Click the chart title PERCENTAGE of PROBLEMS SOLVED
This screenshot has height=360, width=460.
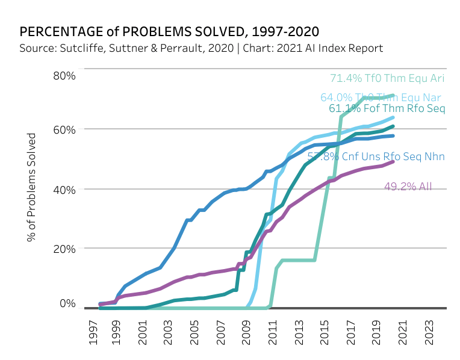pyautogui.click(x=169, y=31)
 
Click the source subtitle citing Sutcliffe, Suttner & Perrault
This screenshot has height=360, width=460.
pyautogui.click(x=201, y=48)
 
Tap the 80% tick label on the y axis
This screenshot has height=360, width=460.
pyautogui.click(x=63, y=76)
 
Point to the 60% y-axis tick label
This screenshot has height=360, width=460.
pyautogui.click(x=63, y=129)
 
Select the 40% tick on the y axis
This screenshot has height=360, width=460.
pyautogui.click(x=63, y=189)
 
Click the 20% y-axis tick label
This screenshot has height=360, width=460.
pyautogui.click(x=63, y=249)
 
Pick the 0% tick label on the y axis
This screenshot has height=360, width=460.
pyautogui.click(x=67, y=303)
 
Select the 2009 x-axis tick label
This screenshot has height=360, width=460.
pyautogui.click(x=246, y=333)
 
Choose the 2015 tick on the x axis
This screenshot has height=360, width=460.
pyautogui.click(x=322, y=333)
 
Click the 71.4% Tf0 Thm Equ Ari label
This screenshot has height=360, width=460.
pyautogui.click(x=387, y=78)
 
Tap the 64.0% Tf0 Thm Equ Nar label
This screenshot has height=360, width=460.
pyautogui.click(x=381, y=98)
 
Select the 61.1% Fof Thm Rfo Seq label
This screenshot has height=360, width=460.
pyautogui.click(x=387, y=109)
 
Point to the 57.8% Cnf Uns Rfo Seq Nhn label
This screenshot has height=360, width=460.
pyautogui.click(x=376, y=157)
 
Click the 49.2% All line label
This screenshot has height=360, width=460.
pyautogui.click(x=408, y=187)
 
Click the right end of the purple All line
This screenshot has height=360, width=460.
pyautogui.click(x=393, y=161)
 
